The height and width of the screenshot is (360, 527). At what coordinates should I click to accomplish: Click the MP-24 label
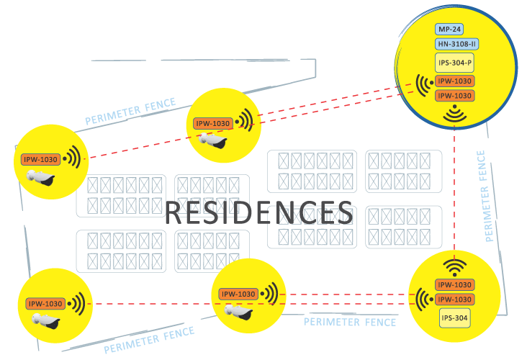click(x=449, y=30)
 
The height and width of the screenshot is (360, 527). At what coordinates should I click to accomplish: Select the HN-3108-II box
click(x=457, y=44)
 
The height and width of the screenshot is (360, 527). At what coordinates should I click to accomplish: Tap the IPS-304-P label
click(x=455, y=63)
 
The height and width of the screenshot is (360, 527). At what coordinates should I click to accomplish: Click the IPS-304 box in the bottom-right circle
click(x=455, y=318)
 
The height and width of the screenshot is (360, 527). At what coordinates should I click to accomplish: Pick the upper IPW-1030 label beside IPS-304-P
click(x=454, y=81)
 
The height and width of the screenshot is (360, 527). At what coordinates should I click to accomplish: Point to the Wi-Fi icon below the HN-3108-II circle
click(x=454, y=113)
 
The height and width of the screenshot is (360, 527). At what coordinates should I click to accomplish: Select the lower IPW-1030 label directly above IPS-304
click(x=454, y=299)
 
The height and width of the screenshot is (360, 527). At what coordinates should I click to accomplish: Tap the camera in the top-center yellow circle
click(x=213, y=140)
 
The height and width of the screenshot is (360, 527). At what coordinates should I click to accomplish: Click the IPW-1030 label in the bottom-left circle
click(x=45, y=304)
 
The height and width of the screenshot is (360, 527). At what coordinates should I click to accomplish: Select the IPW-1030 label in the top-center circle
click(x=212, y=123)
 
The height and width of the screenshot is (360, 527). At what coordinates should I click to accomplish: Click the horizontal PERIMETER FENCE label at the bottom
click(x=350, y=322)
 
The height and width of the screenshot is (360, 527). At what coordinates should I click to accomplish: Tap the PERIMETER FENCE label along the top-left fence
click(x=130, y=112)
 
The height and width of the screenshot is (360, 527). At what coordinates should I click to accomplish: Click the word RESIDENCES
click(x=259, y=213)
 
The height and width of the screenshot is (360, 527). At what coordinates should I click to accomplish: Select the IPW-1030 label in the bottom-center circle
click(x=238, y=294)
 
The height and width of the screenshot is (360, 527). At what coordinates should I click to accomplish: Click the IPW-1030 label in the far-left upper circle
click(x=40, y=160)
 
